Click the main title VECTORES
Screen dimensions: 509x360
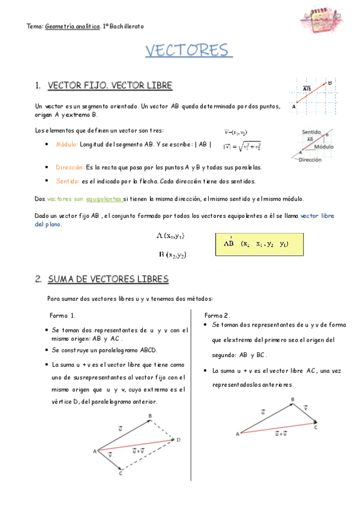pyautogui.click(x=188, y=50)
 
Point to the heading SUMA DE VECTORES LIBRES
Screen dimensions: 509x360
pyautogui.click(x=108, y=279)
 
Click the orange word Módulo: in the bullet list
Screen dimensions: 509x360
pyautogui.click(x=66, y=145)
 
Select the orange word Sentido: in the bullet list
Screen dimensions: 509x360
pyautogui.click(x=67, y=181)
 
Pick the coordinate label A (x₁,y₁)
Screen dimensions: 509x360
pyautogui.click(x=170, y=236)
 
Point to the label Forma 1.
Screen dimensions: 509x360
pyautogui.click(x=62, y=315)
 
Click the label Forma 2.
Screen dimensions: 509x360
pyautogui.click(x=217, y=315)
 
